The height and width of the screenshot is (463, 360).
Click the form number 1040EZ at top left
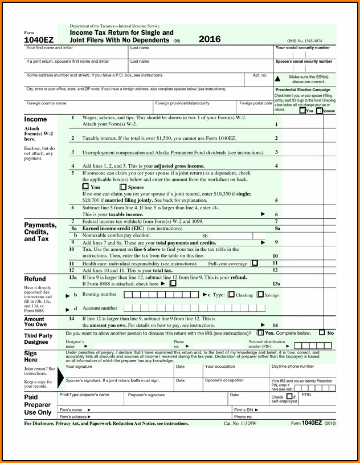(x=38, y=40)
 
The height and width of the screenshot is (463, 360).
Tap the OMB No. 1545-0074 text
(x=304, y=40)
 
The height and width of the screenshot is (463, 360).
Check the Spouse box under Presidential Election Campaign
(x=320, y=111)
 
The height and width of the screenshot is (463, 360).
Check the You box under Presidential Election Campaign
(x=302, y=111)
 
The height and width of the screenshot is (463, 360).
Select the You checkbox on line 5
(x=85, y=186)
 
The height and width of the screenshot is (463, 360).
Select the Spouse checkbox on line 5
(x=123, y=186)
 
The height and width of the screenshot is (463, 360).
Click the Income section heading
(x=35, y=119)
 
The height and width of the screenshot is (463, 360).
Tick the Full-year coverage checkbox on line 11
(x=255, y=263)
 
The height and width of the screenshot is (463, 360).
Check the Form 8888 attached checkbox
(x=173, y=283)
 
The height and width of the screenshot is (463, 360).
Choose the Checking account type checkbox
(x=231, y=295)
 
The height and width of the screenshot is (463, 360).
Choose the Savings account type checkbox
(x=260, y=295)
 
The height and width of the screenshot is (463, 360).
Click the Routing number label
(x=99, y=295)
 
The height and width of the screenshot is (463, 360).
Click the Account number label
(x=100, y=308)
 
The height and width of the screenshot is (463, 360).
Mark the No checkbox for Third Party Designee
(x=322, y=332)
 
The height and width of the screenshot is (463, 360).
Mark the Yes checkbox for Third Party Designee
(x=260, y=332)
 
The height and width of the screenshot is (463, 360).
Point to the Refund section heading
(x=35, y=279)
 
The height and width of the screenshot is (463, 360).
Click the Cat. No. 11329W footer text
(x=240, y=424)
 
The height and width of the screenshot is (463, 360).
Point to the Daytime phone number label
(x=292, y=367)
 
